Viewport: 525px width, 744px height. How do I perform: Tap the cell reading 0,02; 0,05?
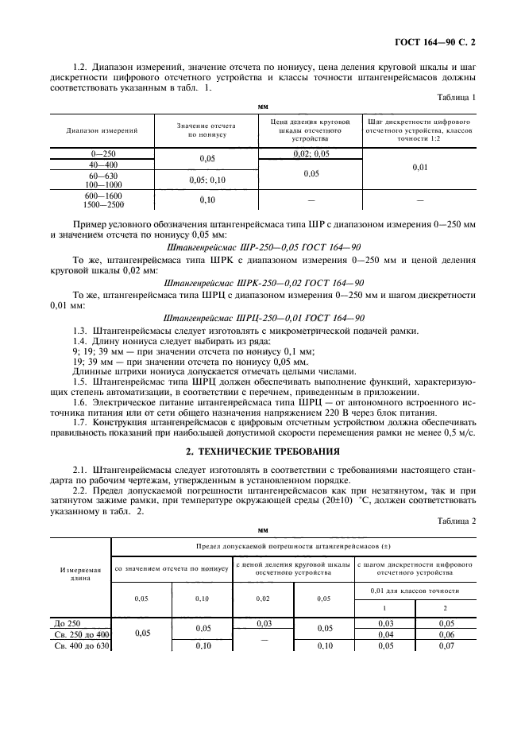[311, 153]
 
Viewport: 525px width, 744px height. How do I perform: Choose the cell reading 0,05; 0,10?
[207, 180]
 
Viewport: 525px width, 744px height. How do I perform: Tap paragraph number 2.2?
[79, 493]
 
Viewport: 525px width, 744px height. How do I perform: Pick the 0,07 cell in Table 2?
[447, 645]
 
